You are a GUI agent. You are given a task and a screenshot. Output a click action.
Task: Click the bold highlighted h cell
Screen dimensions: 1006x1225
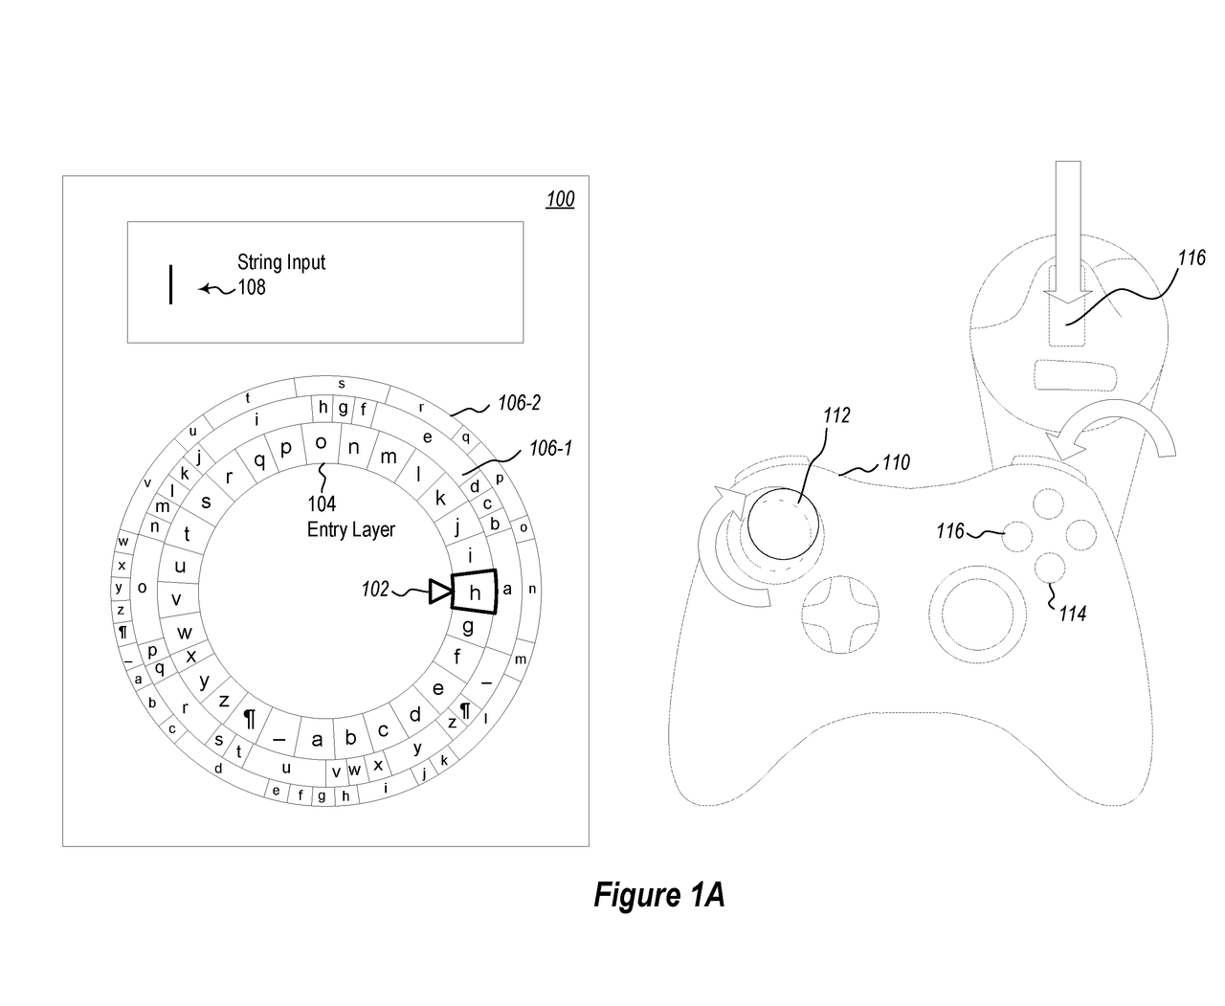474,592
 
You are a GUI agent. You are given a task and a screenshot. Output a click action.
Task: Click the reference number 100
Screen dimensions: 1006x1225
560,199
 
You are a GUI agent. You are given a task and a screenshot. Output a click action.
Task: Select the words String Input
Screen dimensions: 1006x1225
281,262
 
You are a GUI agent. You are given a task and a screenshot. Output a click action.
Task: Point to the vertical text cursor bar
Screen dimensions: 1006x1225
170,285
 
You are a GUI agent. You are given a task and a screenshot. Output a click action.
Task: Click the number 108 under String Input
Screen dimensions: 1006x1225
252,286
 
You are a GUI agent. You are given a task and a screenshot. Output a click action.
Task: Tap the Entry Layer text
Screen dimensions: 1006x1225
350,529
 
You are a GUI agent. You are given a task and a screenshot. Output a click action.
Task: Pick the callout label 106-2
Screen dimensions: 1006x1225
519,403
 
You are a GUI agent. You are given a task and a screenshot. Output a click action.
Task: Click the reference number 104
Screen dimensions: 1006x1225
322,504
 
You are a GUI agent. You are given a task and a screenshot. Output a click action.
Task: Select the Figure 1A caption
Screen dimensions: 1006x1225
658,895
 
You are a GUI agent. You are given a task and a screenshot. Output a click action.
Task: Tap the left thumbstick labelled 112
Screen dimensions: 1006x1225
782,524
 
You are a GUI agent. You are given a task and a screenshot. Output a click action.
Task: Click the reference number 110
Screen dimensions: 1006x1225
896,463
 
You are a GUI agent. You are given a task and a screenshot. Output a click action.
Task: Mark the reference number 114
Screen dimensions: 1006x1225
1072,614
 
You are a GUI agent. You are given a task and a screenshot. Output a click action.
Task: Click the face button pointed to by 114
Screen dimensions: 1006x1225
1050,568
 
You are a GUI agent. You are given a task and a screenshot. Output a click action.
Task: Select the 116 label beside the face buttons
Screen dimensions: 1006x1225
950,530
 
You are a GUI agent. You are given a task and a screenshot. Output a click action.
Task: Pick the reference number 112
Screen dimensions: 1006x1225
835,415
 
